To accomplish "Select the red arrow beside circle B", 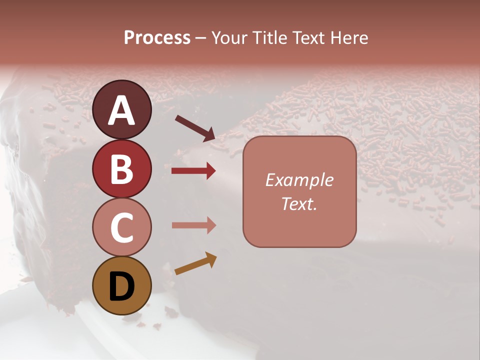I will (x=193, y=171).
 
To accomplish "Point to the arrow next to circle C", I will (x=193, y=225).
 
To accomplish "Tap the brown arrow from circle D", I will (x=195, y=264).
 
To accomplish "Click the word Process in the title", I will (x=157, y=37).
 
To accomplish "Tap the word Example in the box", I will (x=299, y=180).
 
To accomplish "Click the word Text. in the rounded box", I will (x=299, y=204).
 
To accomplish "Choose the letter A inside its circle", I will (x=121, y=111).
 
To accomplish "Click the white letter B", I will (x=121, y=169).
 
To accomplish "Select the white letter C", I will (x=121, y=228).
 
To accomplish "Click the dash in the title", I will (x=201, y=38).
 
